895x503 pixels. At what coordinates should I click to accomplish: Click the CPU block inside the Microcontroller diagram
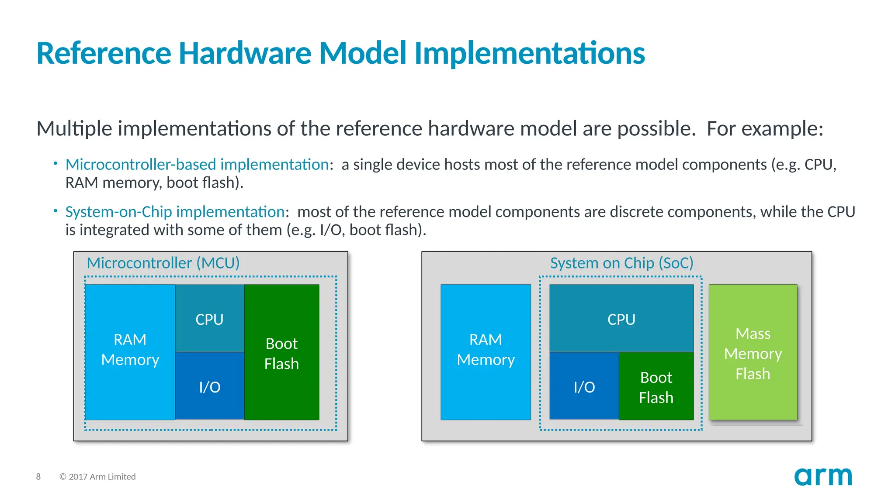209,319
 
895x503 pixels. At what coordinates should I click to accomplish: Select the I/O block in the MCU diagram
209,386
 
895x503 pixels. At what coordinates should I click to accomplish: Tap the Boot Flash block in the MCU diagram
281,353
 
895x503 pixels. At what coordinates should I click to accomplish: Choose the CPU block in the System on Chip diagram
621,319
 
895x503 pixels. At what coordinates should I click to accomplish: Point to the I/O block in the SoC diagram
584,386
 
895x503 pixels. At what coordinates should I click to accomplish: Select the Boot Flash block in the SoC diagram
656,387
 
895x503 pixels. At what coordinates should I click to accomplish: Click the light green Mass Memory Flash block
753,353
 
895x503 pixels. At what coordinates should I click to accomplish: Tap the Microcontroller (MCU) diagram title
163,263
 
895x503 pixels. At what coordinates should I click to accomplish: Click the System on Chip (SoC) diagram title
621,263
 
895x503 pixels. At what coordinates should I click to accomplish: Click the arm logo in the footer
823,477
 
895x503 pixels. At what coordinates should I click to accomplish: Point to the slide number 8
38,477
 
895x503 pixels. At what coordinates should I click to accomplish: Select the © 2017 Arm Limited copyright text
97,477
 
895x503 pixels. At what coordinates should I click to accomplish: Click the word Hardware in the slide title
245,53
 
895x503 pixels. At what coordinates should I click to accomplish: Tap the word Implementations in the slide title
529,53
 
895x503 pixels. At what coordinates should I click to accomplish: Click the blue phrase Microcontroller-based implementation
197,165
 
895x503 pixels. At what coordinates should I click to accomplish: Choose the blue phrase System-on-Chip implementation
175,212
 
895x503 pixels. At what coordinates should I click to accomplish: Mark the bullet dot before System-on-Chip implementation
56,211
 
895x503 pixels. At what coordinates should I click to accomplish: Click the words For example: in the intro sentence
765,129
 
